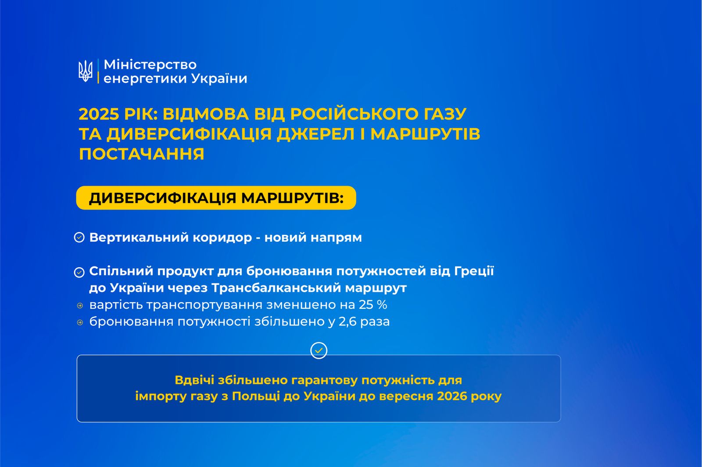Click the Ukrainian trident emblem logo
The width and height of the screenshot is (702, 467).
pos(85,71)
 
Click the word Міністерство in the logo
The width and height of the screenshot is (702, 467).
pos(150,65)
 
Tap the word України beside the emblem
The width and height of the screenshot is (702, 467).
pos(219,78)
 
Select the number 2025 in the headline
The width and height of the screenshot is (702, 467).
pos(99,114)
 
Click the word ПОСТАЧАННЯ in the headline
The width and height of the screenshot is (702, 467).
pos(141,154)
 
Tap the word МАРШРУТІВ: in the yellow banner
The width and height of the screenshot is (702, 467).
pos(292,198)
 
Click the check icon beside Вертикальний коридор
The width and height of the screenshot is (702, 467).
pos(79,237)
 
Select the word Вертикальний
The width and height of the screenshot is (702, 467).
pos(139,237)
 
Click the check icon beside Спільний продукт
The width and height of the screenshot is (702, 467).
pos(79,272)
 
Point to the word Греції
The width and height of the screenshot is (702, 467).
pos(474,271)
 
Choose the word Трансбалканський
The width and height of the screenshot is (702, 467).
pos(276,288)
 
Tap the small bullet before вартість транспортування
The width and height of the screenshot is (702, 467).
pos(80,305)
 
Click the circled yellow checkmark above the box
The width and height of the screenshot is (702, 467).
pos(319,350)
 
